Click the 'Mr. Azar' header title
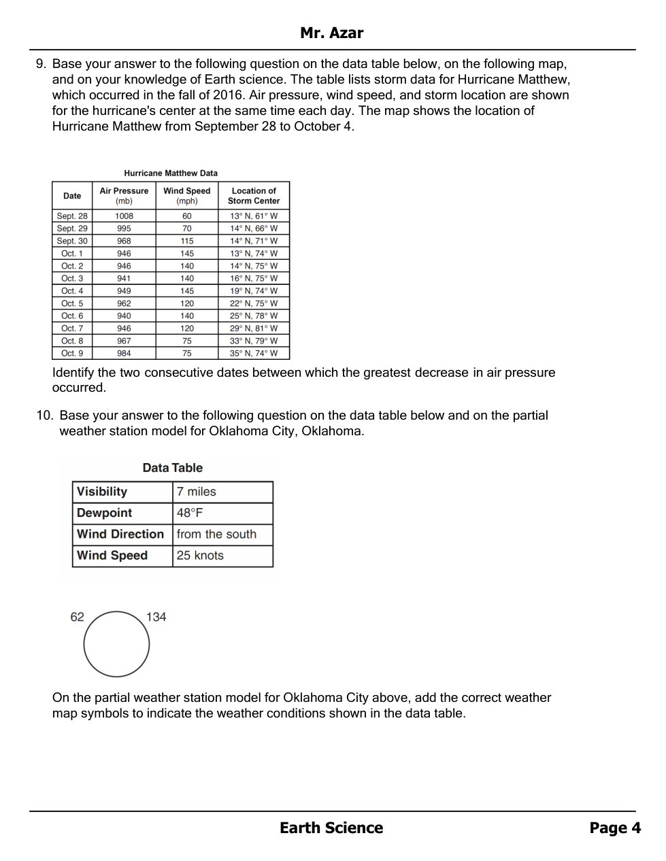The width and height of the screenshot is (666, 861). tap(331, 33)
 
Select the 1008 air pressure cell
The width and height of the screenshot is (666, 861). tap(124, 216)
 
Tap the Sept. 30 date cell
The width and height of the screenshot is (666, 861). tap(72, 241)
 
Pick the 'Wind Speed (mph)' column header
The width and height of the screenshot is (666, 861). tap(186, 196)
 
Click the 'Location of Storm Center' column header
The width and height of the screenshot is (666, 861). tap(254, 196)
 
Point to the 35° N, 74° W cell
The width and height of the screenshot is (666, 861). tap(254, 353)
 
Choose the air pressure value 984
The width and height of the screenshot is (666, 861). tap(124, 353)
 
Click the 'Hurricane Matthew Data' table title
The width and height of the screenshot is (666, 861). tap(171, 173)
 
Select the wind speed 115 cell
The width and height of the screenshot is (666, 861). tap(186, 241)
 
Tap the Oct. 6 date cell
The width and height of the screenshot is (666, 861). tap(72, 316)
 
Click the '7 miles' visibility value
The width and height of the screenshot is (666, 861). tap(196, 492)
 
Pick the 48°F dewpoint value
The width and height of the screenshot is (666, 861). tap(190, 513)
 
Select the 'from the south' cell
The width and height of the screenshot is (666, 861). tap(216, 534)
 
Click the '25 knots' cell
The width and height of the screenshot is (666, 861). tap(200, 555)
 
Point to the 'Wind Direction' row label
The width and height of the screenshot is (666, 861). tap(120, 534)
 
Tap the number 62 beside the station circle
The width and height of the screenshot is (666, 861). tap(78, 617)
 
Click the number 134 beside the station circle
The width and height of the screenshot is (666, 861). tap(156, 617)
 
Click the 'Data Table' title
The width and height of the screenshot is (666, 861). tap(173, 468)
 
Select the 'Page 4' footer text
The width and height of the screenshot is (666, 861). tap(615, 828)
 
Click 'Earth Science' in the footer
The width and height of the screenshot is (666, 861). tap(331, 828)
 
